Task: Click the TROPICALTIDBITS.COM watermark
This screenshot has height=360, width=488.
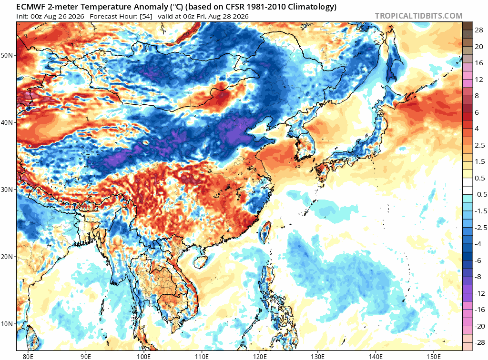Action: tap(418, 16)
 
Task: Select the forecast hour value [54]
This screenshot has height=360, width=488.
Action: tap(146, 17)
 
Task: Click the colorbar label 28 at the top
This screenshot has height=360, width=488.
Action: tap(479, 30)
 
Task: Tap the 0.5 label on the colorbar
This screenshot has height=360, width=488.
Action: tap(480, 178)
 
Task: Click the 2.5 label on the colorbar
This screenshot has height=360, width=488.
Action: tap(480, 145)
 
